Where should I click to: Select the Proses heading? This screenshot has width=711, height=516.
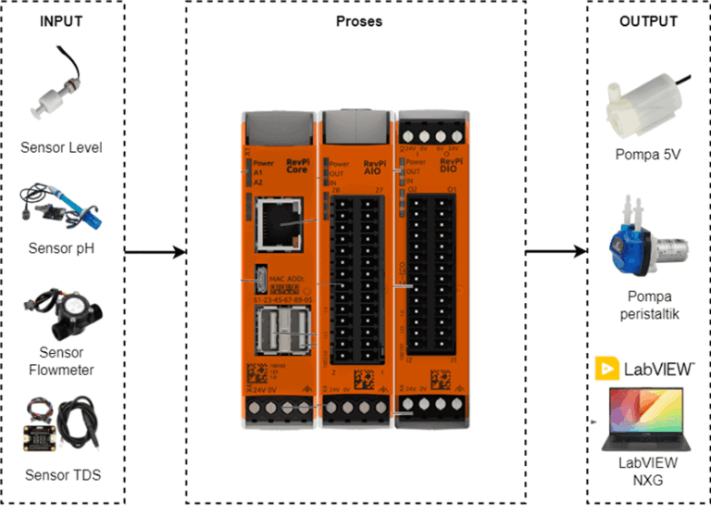[357, 20]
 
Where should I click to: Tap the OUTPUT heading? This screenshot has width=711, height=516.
[647, 20]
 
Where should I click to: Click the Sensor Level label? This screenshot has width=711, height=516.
[61, 148]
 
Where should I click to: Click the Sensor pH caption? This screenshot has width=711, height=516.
[61, 248]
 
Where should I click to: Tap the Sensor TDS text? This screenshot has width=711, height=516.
[61, 476]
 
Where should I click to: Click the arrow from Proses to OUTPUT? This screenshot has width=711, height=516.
[556, 251]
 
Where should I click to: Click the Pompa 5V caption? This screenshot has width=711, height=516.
[648, 155]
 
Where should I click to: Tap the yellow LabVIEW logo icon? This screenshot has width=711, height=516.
[607, 369]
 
